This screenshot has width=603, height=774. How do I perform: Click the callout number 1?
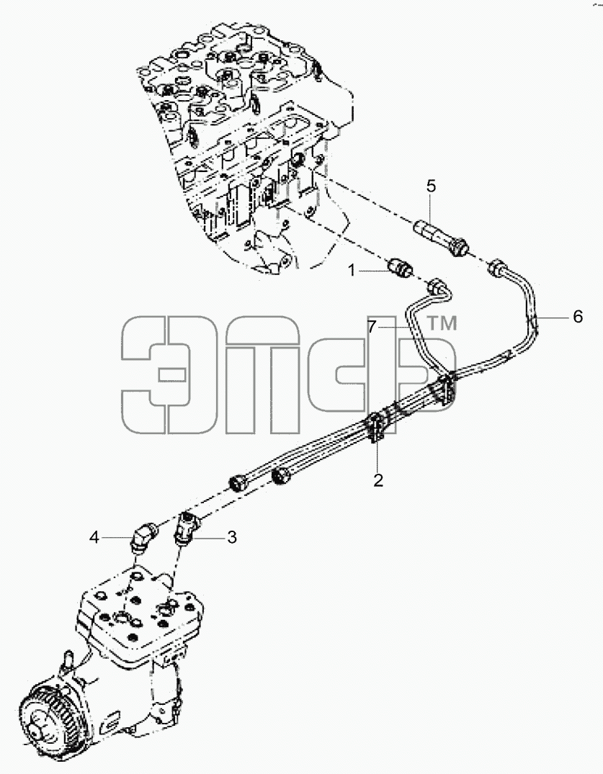[x=352, y=271]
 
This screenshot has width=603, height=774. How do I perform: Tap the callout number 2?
[x=378, y=480]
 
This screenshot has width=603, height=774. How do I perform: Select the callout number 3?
[x=232, y=537]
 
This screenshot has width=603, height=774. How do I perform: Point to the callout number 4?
[x=94, y=537]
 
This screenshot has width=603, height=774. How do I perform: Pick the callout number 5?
[x=431, y=186]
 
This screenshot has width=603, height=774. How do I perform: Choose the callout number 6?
[x=578, y=316]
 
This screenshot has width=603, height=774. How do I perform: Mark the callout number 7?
[x=372, y=325]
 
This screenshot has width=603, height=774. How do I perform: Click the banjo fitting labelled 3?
[x=187, y=527]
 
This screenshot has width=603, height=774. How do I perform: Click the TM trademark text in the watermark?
[x=442, y=323]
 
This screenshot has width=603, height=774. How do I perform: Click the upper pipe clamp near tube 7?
[x=445, y=390]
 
